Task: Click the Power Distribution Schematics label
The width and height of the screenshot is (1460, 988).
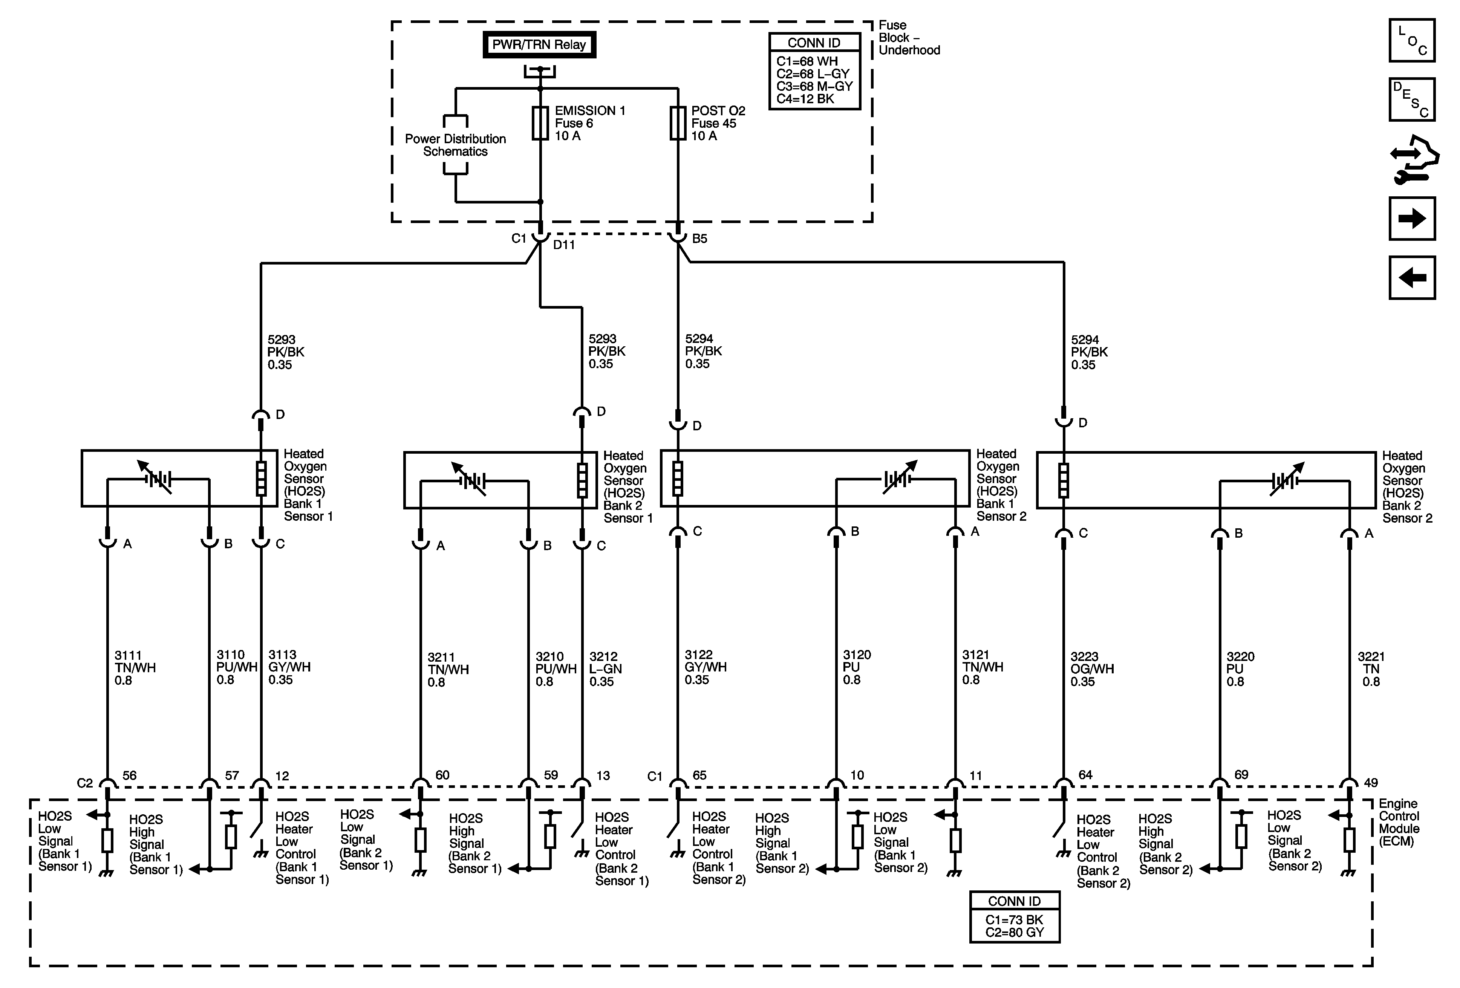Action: pyautogui.click(x=456, y=145)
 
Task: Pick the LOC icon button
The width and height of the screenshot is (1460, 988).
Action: pyautogui.click(x=1412, y=41)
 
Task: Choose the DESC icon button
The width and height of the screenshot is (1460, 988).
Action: pyautogui.click(x=1412, y=99)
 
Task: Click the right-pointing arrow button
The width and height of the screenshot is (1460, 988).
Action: pyautogui.click(x=1412, y=219)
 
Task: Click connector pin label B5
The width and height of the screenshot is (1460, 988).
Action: pyautogui.click(x=699, y=239)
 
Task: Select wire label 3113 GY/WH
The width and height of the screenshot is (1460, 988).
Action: pyautogui.click(x=289, y=667)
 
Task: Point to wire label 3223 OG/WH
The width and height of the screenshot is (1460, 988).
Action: pyautogui.click(x=1092, y=669)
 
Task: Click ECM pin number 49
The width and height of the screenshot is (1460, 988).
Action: pyautogui.click(x=1370, y=783)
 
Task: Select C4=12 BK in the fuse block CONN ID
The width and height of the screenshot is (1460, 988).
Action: pyautogui.click(x=805, y=99)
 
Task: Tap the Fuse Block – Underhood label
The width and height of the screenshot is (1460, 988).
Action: pyautogui.click(x=908, y=38)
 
